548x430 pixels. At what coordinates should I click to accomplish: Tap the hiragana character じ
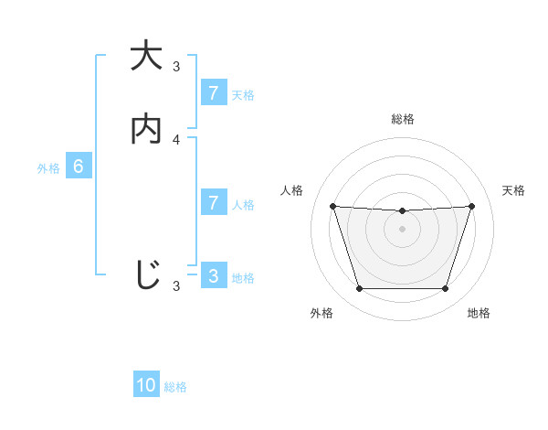pyautogui.click(x=146, y=274)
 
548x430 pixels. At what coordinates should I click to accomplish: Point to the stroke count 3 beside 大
pyautogui.click(x=176, y=66)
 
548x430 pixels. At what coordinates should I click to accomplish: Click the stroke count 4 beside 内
pyautogui.click(x=176, y=139)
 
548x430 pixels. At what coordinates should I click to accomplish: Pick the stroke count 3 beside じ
pyautogui.click(x=176, y=286)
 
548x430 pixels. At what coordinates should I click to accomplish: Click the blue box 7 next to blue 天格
pyautogui.click(x=213, y=92)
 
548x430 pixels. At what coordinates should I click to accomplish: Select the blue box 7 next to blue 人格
pyautogui.click(x=213, y=202)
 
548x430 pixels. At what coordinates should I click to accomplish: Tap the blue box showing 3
pyautogui.click(x=213, y=275)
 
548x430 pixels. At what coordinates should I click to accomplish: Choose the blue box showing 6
pyautogui.click(x=79, y=167)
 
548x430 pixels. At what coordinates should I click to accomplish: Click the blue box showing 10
pyautogui.click(x=146, y=385)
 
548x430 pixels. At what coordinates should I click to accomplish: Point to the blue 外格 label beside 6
pyautogui.click(x=48, y=168)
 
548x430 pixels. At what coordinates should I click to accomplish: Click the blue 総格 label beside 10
pyautogui.click(x=175, y=387)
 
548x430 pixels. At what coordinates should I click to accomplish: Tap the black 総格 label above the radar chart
pyautogui.click(x=402, y=119)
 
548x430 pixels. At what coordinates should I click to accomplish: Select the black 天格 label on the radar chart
pyautogui.click(x=513, y=190)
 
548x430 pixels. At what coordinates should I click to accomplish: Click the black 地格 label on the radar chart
pyautogui.click(x=478, y=313)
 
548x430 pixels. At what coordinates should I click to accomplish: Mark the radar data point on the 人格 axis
pyautogui.click(x=332, y=206)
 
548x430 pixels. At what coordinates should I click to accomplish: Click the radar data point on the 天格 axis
pyautogui.click(x=472, y=206)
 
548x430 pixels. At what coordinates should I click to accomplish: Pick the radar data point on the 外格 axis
pyautogui.click(x=359, y=289)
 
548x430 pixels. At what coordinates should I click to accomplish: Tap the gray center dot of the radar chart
pyautogui.click(x=402, y=229)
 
